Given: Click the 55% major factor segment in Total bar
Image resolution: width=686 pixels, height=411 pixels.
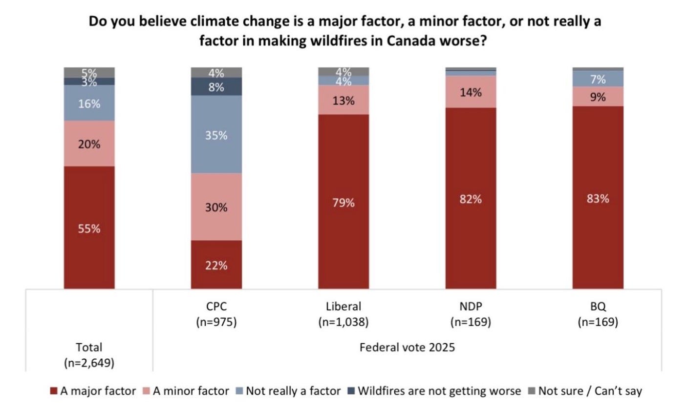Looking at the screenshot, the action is (89, 227).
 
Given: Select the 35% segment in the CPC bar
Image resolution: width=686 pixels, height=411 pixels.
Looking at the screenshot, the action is (216, 134).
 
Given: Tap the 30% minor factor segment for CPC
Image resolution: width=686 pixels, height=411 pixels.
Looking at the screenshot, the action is (216, 207).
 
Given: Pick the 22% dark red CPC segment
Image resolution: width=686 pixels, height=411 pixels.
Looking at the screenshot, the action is (216, 265).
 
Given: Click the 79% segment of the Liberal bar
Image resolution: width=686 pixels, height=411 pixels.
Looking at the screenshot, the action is (343, 202).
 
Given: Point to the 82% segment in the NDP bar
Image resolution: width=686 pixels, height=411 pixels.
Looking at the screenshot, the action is (471, 198).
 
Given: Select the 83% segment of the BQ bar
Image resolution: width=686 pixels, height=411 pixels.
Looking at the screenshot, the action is (598, 197).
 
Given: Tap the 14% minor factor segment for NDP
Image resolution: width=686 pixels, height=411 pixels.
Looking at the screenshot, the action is (471, 92).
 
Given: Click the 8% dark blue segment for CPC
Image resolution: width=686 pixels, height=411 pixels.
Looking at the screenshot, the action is (216, 86).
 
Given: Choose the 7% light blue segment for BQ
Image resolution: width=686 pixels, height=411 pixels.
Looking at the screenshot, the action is (598, 79).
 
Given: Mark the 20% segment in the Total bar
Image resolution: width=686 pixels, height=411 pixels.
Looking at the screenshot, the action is (89, 144).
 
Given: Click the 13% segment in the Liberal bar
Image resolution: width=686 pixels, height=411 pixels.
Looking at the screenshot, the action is (343, 100).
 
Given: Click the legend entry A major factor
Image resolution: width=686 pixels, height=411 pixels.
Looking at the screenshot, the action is (93, 391).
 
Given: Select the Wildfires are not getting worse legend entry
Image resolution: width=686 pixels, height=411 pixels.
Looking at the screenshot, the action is (434, 391).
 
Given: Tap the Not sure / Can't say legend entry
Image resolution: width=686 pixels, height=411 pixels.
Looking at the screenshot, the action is (585, 391).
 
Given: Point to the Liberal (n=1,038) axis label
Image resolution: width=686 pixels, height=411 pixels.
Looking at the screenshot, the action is (343, 314).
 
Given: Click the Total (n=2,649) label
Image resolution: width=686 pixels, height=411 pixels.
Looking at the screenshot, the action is (89, 355).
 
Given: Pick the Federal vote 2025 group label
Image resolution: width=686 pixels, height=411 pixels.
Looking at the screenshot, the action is (407, 348).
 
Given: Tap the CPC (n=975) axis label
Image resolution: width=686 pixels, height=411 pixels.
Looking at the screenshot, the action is (216, 314).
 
